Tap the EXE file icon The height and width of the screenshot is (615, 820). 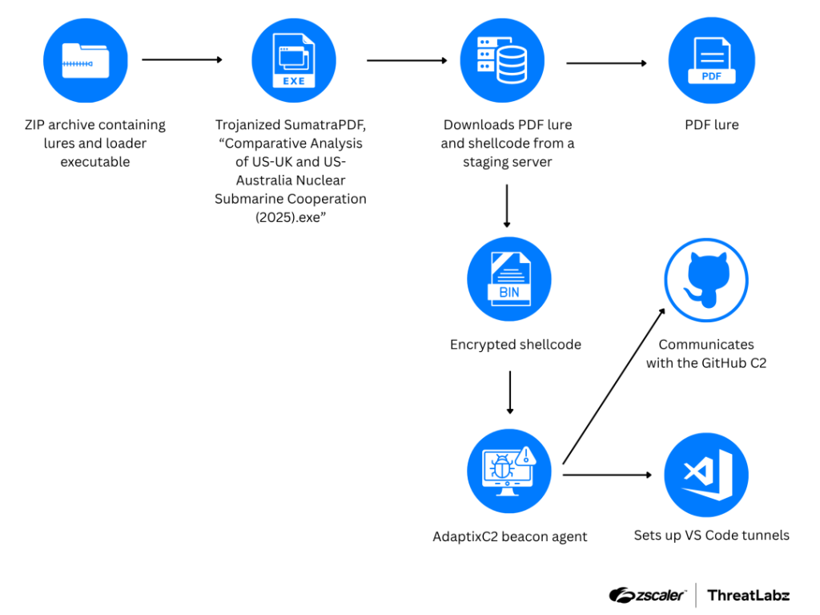click(x=294, y=61)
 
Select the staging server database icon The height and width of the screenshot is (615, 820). click(x=502, y=61)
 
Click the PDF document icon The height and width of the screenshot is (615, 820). click(x=711, y=61)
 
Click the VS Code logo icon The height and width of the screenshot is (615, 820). click(x=705, y=475)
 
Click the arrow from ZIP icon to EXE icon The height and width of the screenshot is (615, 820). click(x=182, y=60)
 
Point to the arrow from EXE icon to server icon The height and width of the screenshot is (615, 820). click(x=407, y=60)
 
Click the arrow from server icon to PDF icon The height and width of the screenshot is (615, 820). click(x=606, y=63)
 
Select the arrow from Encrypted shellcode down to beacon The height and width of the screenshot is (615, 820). click(x=508, y=392)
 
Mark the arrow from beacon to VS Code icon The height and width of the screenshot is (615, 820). click(x=607, y=475)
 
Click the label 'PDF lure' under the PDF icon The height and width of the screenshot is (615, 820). click(x=711, y=125)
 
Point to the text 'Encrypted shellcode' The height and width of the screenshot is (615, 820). click(x=515, y=345)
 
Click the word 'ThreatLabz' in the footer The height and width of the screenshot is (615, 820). click(x=748, y=595)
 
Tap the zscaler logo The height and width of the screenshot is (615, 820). click(x=647, y=595)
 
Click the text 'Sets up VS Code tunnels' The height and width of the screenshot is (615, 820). click(x=711, y=535)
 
